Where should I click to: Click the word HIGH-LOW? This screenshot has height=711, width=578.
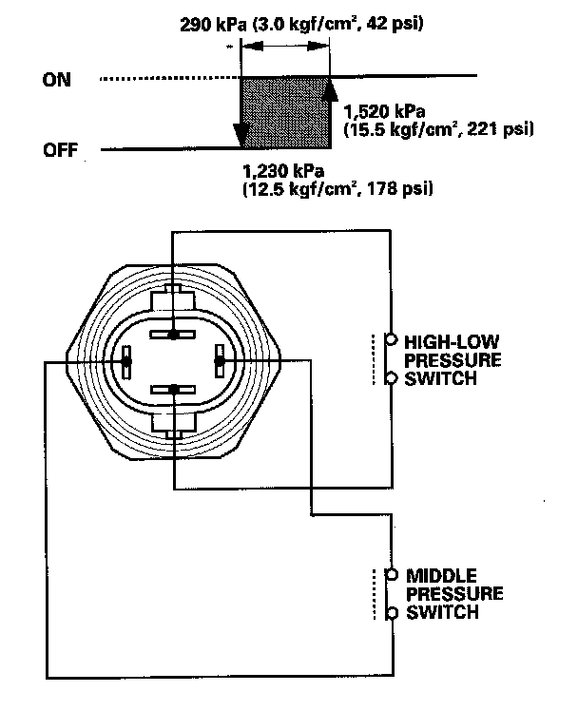(445, 339)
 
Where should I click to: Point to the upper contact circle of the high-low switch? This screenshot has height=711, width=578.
(390, 338)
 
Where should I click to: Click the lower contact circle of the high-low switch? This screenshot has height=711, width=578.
(390, 377)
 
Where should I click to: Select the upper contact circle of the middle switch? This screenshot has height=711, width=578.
(390, 574)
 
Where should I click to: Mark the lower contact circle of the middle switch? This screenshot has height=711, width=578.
(390, 613)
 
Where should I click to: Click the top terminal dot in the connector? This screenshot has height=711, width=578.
(172, 335)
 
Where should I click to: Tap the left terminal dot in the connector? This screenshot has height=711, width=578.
(126, 361)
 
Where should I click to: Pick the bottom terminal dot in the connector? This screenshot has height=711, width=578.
(172, 388)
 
